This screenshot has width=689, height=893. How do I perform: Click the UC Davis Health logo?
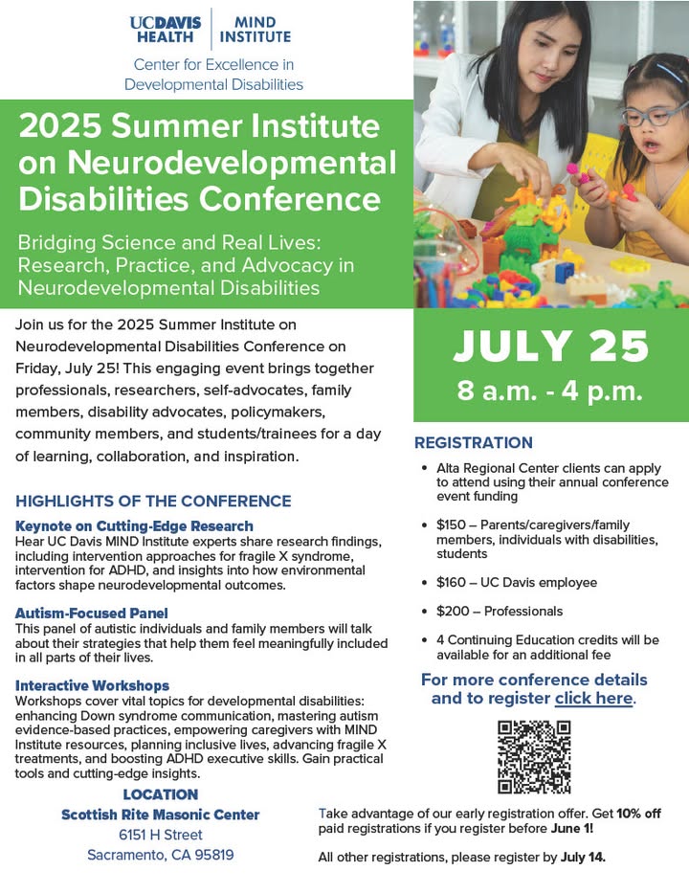tap(166, 30)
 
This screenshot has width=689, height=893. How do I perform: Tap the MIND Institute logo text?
tap(256, 30)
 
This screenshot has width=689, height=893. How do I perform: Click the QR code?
tap(534, 757)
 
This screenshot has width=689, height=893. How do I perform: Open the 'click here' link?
tap(594, 699)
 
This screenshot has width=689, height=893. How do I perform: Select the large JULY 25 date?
tap(550, 346)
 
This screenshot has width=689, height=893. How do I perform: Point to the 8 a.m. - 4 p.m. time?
tap(549, 391)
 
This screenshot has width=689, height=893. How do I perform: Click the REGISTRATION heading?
tap(474, 442)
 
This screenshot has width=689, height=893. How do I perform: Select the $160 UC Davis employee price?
tap(517, 582)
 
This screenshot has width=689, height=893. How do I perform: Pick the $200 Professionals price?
tap(500, 611)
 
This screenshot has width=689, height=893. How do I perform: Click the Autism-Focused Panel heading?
tap(92, 614)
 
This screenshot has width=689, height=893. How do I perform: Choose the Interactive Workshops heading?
tap(92, 685)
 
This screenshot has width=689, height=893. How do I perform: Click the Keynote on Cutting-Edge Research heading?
tap(134, 526)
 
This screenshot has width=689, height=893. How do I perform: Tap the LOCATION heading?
tap(161, 794)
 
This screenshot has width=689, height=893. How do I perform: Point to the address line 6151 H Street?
tap(161, 835)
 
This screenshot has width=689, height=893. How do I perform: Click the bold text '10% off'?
tap(638, 814)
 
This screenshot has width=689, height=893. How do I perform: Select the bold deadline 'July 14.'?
tap(583, 858)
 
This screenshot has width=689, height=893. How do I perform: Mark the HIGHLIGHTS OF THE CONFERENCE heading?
tap(153, 502)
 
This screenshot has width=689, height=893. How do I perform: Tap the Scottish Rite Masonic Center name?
tap(161, 815)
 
